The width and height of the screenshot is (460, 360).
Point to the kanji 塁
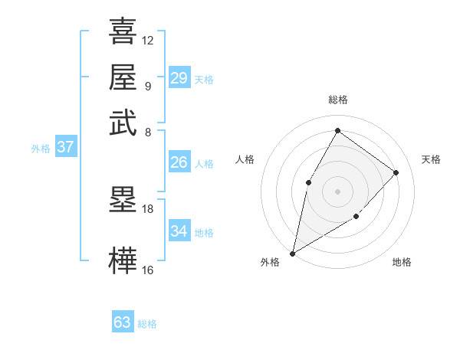coord(123,200)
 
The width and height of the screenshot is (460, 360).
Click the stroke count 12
coord(148,40)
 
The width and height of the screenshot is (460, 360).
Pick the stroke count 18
coord(148,208)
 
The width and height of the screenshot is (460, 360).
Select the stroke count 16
coord(148,270)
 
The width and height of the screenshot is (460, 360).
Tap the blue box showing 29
coord(179,78)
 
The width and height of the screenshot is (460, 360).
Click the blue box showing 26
coord(179,162)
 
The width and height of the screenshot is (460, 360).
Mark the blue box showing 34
coord(179,231)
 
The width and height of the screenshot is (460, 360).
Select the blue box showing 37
coord(65,147)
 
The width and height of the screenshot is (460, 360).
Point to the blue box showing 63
coord(123,322)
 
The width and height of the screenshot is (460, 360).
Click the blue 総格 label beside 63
coord(147,324)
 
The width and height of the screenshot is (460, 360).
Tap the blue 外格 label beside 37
coord(40,149)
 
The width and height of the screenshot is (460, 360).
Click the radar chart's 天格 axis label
coord(431,159)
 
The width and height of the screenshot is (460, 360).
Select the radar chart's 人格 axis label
coord(245,159)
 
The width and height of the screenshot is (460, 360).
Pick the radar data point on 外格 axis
coord(292,253)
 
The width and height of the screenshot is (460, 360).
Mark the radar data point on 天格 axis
coord(396,172)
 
